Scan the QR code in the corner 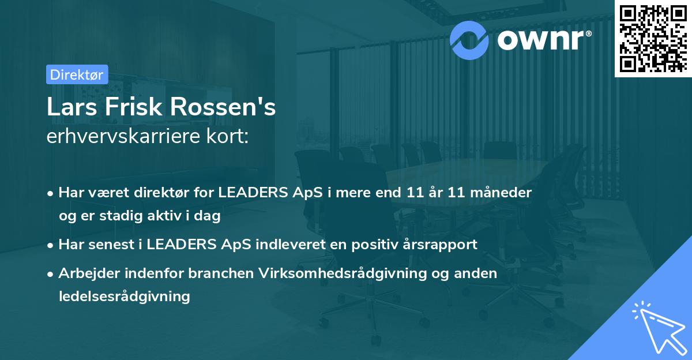click(x=653, y=39)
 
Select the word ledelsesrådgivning click(x=124, y=297)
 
